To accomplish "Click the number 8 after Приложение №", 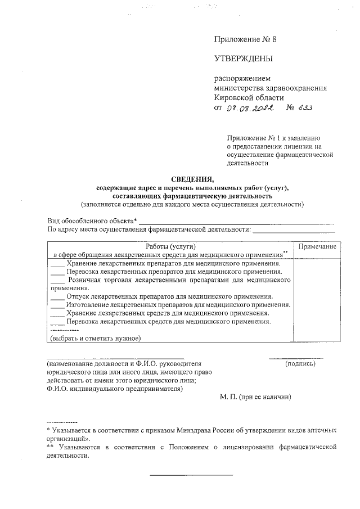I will (x=274, y=39).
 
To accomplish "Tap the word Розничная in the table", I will (x=85, y=279).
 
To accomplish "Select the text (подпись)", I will (x=300, y=364).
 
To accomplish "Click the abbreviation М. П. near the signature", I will (x=228, y=397).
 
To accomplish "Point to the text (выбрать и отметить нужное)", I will (x=95, y=338).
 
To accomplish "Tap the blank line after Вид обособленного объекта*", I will (x=236, y=222).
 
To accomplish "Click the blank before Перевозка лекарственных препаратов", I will (x=57, y=271).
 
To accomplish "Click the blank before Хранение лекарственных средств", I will (x=57, y=313).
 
